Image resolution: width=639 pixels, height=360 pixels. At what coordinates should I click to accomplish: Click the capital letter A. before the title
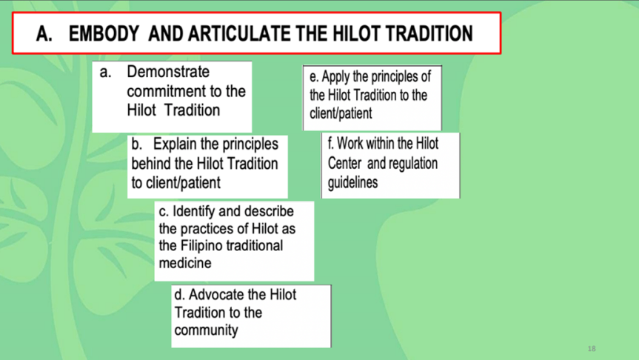[x=44, y=34]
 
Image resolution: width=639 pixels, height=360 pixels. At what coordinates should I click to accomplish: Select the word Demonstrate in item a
[x=168, y=73]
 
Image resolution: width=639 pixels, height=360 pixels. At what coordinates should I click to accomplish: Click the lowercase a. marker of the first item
[x=106, y=73]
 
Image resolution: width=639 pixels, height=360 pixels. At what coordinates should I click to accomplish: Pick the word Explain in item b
[x=178, y=144]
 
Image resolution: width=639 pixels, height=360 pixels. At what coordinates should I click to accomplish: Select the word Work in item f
[x=354, y=144]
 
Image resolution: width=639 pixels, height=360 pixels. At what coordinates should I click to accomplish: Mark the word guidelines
[x=353, y=182]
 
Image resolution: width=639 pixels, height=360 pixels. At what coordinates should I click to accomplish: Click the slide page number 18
[x=591, y=348]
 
